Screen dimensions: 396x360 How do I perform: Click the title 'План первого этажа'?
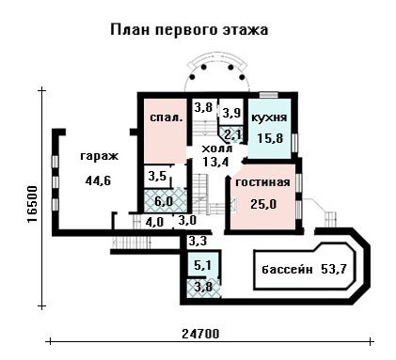tap(189, 30)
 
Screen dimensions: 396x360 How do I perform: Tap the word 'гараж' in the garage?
tap(99, 156)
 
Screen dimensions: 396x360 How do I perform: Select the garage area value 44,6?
tap(98, 180)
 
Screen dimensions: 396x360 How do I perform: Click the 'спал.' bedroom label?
tap(166, 117)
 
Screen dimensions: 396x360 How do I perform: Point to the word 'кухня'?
tap(269, 117)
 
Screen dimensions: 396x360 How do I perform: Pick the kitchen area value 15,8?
tap(270, 138)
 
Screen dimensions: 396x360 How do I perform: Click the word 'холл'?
tap(217, 148)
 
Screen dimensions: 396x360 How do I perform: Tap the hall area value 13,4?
tap(216, 162)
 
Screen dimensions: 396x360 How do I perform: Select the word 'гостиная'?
tap(262, 182)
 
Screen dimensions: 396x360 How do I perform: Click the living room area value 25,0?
tap(263, 204)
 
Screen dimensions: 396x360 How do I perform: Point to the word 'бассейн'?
tap(287, 269)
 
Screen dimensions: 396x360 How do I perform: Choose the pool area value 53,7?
tap(334, 269)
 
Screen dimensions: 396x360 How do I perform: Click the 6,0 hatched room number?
tap(164, 201)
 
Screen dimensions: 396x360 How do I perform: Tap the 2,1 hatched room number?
tap(233, 135)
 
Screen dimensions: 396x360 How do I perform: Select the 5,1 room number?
tap(202, 266)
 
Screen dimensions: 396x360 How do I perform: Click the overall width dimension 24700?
tap(200, 334)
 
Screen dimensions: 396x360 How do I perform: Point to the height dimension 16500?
tap(32, 204)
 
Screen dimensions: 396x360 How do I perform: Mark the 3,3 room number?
tap(198, 242)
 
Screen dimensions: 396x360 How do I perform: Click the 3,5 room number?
tap(157, 176)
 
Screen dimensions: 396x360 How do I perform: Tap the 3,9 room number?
tap(231, 113)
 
